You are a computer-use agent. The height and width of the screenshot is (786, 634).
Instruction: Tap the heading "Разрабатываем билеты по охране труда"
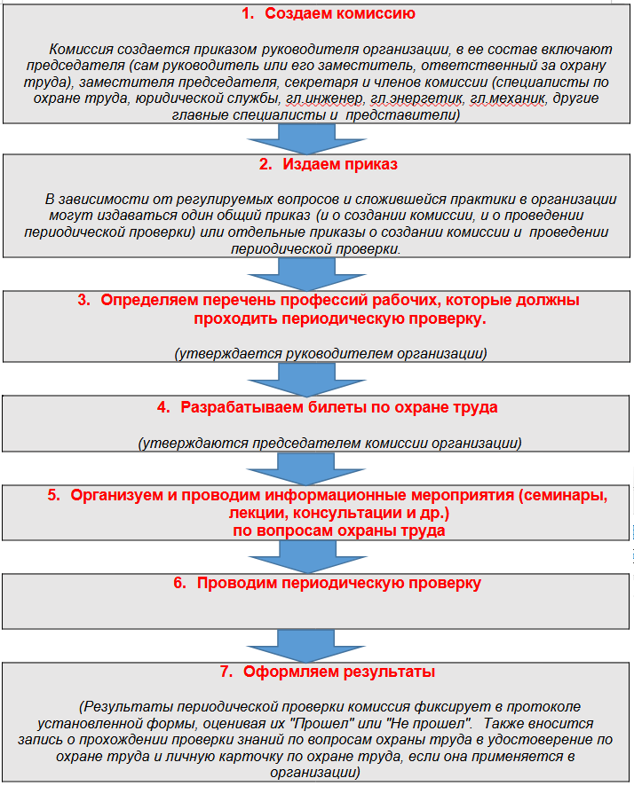tap(339, 408)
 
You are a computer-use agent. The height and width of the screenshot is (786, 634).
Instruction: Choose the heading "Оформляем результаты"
tap(339, 672)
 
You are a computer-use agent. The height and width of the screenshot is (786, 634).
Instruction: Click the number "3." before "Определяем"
tap(84, 300)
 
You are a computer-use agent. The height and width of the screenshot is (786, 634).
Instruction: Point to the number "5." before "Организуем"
tap(53, 495)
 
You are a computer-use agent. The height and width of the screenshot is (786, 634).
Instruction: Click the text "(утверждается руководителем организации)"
tap(330, 354)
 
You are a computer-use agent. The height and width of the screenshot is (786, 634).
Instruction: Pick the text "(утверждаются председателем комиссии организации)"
tap(329, 442)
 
